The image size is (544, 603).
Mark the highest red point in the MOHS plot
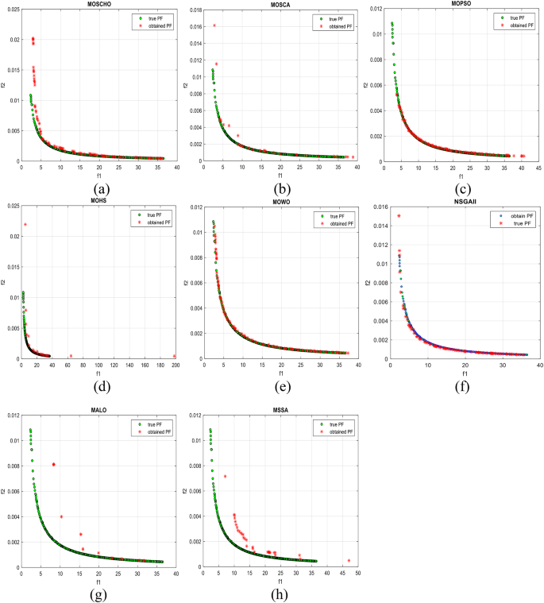25,224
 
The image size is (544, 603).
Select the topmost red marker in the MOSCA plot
214,25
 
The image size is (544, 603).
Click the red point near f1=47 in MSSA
348,560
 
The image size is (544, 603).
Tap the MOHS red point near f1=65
71,356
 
